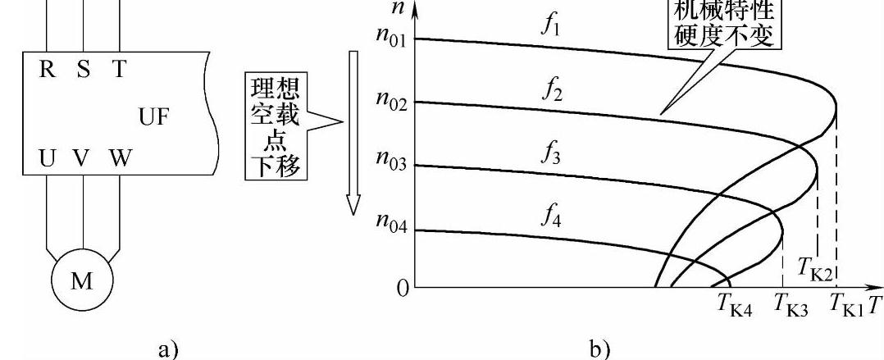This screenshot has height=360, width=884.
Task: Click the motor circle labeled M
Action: [81, 281]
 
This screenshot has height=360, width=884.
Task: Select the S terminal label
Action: [83, 70]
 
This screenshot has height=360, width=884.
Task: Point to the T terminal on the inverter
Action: [120, 70]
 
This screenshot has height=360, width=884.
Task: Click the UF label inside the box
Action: [155, 118]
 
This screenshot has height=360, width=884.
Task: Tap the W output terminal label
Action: [119, 159]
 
